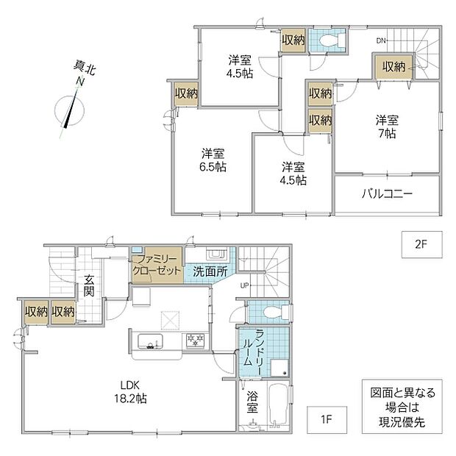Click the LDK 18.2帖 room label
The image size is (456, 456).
pos(130,392)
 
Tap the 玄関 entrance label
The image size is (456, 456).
pos(89,285)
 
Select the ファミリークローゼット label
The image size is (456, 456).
pos(157,265)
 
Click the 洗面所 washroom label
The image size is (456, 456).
pos(210,271)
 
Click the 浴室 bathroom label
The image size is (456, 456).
pos(252,402)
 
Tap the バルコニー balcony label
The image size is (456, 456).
pos(387,193)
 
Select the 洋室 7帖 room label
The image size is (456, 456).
pos(387,127)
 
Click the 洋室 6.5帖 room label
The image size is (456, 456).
pos(213,160)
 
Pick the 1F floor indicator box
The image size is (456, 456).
pos(327,420)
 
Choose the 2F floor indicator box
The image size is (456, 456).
pos(422,245)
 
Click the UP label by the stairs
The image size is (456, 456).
pos(244,285)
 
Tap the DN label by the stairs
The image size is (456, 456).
pos(381,41)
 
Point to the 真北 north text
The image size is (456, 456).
pos(85,68)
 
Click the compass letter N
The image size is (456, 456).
pos(79,82)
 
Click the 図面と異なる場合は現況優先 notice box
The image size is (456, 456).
pos(402,406)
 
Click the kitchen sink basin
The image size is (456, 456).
pos(150,341)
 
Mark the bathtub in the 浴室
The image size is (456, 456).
pos(278,405)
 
